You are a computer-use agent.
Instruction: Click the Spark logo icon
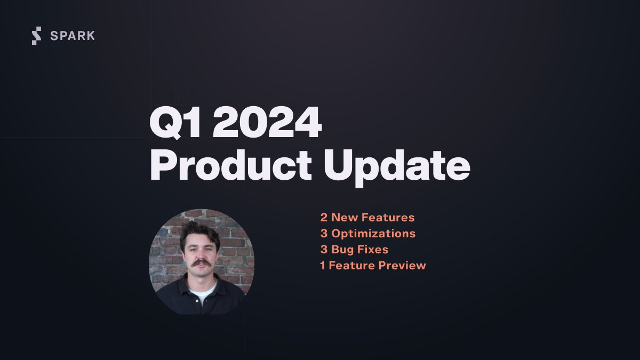pos(36,36)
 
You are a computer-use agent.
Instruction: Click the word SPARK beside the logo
pos(72,36)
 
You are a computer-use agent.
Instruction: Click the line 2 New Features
pos(367,218)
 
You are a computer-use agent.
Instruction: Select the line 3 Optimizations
pos(367,234)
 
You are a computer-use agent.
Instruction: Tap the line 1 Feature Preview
pos(373,266)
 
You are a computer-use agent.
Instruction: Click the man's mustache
pos(201,263)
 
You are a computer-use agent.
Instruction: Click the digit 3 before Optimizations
pos(324,234)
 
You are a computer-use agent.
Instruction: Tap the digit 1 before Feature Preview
pos(323,266)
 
